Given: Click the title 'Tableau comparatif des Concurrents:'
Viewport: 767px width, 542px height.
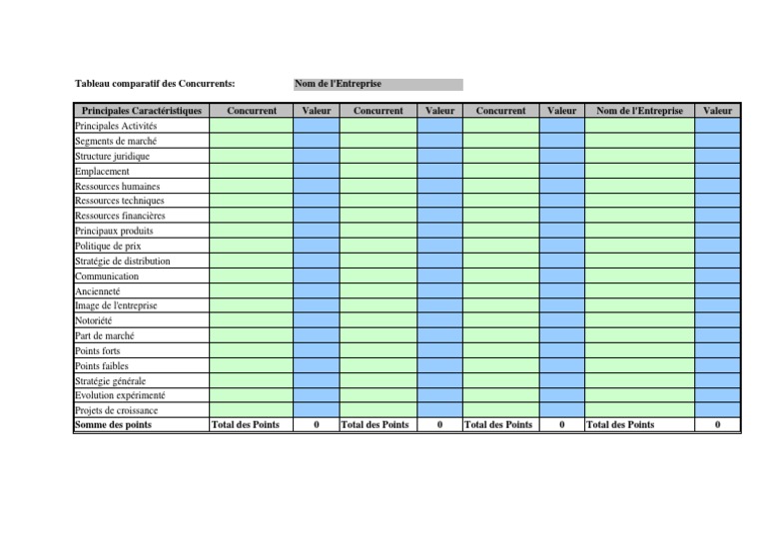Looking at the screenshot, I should click(155, 85).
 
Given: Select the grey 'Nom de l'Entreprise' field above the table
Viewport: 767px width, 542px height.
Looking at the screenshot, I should click(378, 85).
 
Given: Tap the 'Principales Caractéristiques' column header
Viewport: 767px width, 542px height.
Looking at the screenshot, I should click(141, 111).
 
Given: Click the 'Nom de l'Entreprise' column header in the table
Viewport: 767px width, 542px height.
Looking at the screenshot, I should click(639, 111).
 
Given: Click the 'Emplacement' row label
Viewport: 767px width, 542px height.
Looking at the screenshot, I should click(102, 172).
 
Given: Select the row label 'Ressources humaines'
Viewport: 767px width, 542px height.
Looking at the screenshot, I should click(117, 187).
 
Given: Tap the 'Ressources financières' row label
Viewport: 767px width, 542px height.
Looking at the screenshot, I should click(120, 217).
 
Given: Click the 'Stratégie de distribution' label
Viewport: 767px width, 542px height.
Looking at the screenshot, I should click(122, 262).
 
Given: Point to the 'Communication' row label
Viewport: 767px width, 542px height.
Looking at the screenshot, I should click(107, 276).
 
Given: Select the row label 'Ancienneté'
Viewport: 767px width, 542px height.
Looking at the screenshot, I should click(97, 291).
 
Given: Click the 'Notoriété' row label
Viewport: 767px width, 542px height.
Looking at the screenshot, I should click(94, 321).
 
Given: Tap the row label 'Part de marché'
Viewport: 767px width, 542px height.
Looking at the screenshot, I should click(104, 336).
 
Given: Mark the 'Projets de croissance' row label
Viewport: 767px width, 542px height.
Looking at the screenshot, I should click(115, 410).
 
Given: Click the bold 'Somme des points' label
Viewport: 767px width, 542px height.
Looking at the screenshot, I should click(113, 425).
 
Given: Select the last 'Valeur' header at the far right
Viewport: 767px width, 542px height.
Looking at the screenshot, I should click(717, 111).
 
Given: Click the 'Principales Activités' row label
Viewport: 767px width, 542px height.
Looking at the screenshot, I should click(116, 127).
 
